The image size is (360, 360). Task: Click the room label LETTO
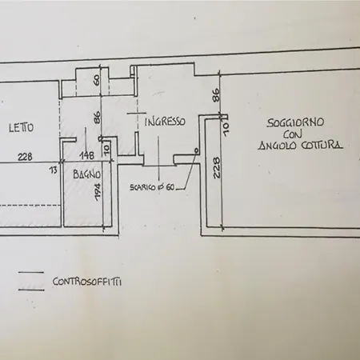pyautogui.click(x=22, y=127)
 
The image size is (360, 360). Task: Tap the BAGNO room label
pyautogui.click(x=87, y=174)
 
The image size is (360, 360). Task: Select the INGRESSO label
pyautogui.click(x=165, y=122)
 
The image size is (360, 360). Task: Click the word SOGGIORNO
pyautogui.click(x=295, y=123)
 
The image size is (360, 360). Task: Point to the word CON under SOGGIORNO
pyautogui.click(x=293, y=134)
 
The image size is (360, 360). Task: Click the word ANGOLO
pyautogui.click(x=278, y=146)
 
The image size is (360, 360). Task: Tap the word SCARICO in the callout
pyautogui.click(x=142, y=187)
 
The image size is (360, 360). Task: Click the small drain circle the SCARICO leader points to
pyautogui.click(x=196, y=151)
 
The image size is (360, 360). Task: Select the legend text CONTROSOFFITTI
pyautogui.click(x=87, y=282)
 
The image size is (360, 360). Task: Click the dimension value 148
pyautogui.click(x=88, y=155)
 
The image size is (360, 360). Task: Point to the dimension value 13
pyautogui.click(x=54, y=170)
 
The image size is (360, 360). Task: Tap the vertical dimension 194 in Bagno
pyautogui.click(x=98, y=192)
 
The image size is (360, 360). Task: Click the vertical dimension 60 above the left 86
pyautogui.click(x=97, y=80)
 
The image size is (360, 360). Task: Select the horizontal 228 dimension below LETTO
pyautogui.click(x=25, y=157)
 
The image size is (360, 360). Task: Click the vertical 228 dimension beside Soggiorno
pyautogui.click(x=216, y=168)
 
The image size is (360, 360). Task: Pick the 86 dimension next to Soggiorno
pyautogui.click(x=216, y=95)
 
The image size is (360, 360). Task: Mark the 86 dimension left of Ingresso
pyautogui.click(x=97, y=118)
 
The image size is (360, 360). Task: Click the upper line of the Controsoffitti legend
pyautogui.click(x=31, y=273)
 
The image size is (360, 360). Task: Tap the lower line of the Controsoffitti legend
pyautogui.click(x=31, y=290)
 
